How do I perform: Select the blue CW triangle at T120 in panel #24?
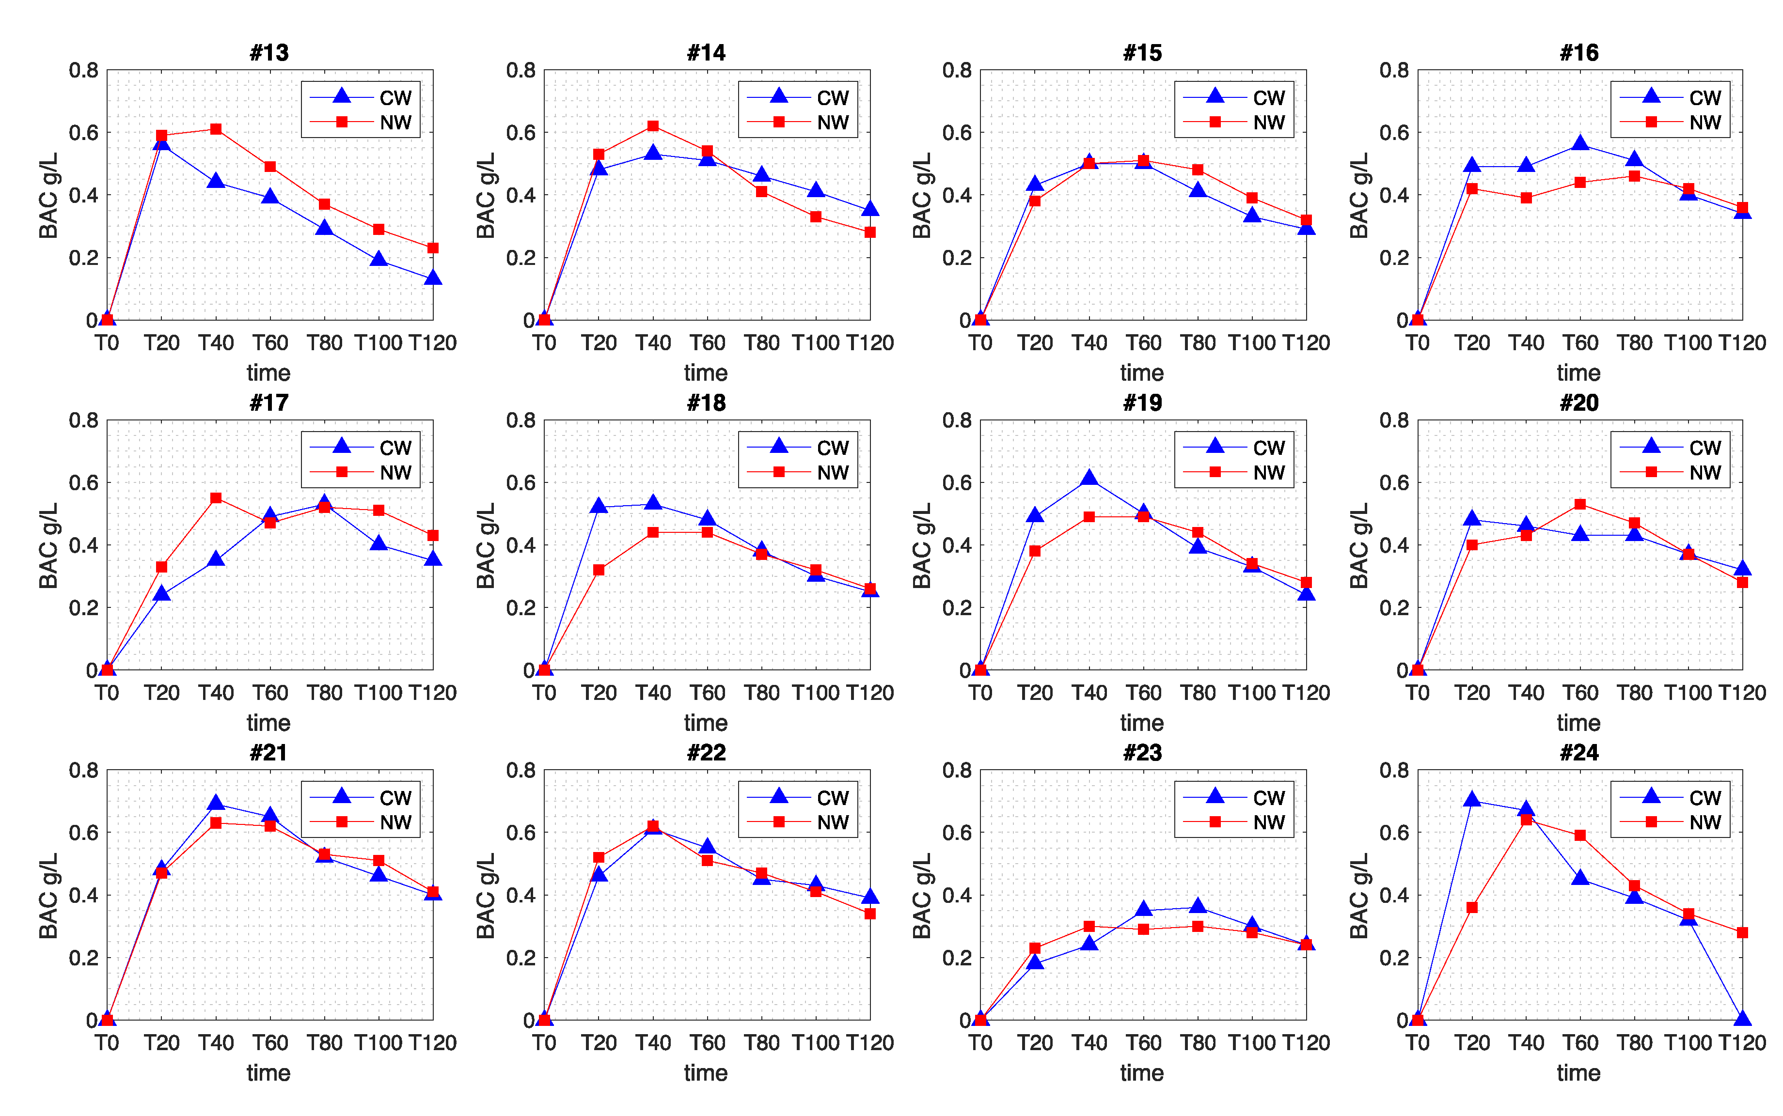pos(1742,1019)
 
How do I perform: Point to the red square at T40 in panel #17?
pos(216,498)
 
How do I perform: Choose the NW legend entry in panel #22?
pos(799,822)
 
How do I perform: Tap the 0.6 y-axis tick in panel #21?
pos(83,833)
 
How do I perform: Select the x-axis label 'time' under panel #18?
pos(705,723)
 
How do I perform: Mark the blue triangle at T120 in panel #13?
pos(433,278)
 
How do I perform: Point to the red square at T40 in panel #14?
pos(653,126)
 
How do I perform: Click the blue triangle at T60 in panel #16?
pos(1580,143)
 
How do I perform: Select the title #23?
pos(1142,753)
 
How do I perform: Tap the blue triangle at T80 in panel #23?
pos(1198,906)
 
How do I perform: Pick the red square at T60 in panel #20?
pos(1580,504)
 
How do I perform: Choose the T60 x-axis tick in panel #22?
pos(707,1043)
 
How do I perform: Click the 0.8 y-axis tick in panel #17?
pos(83,421)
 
